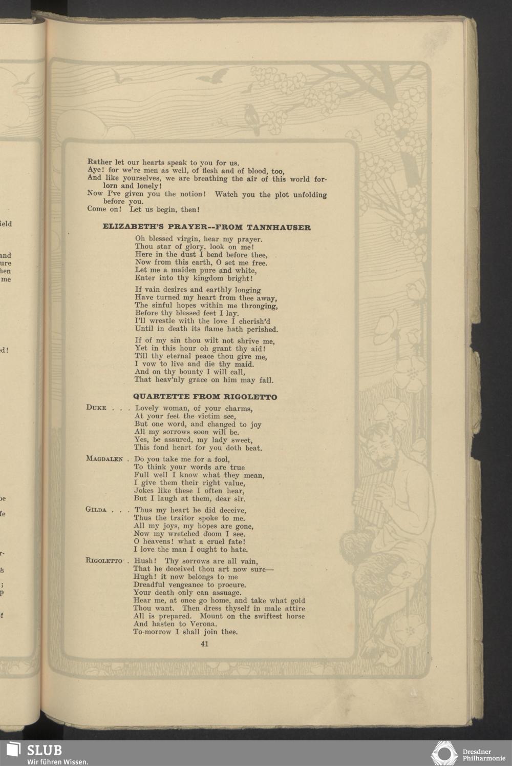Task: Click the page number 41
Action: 205,644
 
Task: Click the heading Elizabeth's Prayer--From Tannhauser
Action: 207,227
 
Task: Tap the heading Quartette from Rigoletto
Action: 205,397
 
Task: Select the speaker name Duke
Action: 96,408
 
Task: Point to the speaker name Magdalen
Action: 104,459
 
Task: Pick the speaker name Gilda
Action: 96,510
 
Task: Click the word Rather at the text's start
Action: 99,163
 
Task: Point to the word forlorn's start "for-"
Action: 320,179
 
